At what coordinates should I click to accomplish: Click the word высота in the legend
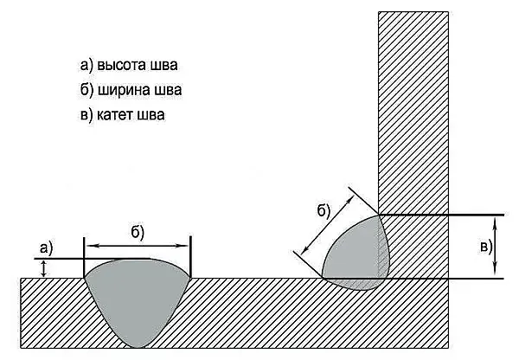(x=121, y=65)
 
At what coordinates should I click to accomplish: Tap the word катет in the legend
(x=114, y=115)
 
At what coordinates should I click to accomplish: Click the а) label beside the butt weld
(x=46, y=248)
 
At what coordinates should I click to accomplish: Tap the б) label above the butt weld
(x=138, y=233)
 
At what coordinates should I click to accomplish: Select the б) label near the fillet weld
(x=324, y=211)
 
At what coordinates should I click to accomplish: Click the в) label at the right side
(x=486, y=247)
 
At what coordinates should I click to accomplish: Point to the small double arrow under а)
(x=43, y=268)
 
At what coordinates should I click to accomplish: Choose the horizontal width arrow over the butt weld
(x=138, y=246)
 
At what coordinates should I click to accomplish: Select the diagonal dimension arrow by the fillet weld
(x=328, y=223)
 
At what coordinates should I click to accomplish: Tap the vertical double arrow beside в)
(x=495, y=247)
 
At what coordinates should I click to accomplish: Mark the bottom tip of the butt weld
(x=138, y=348)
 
